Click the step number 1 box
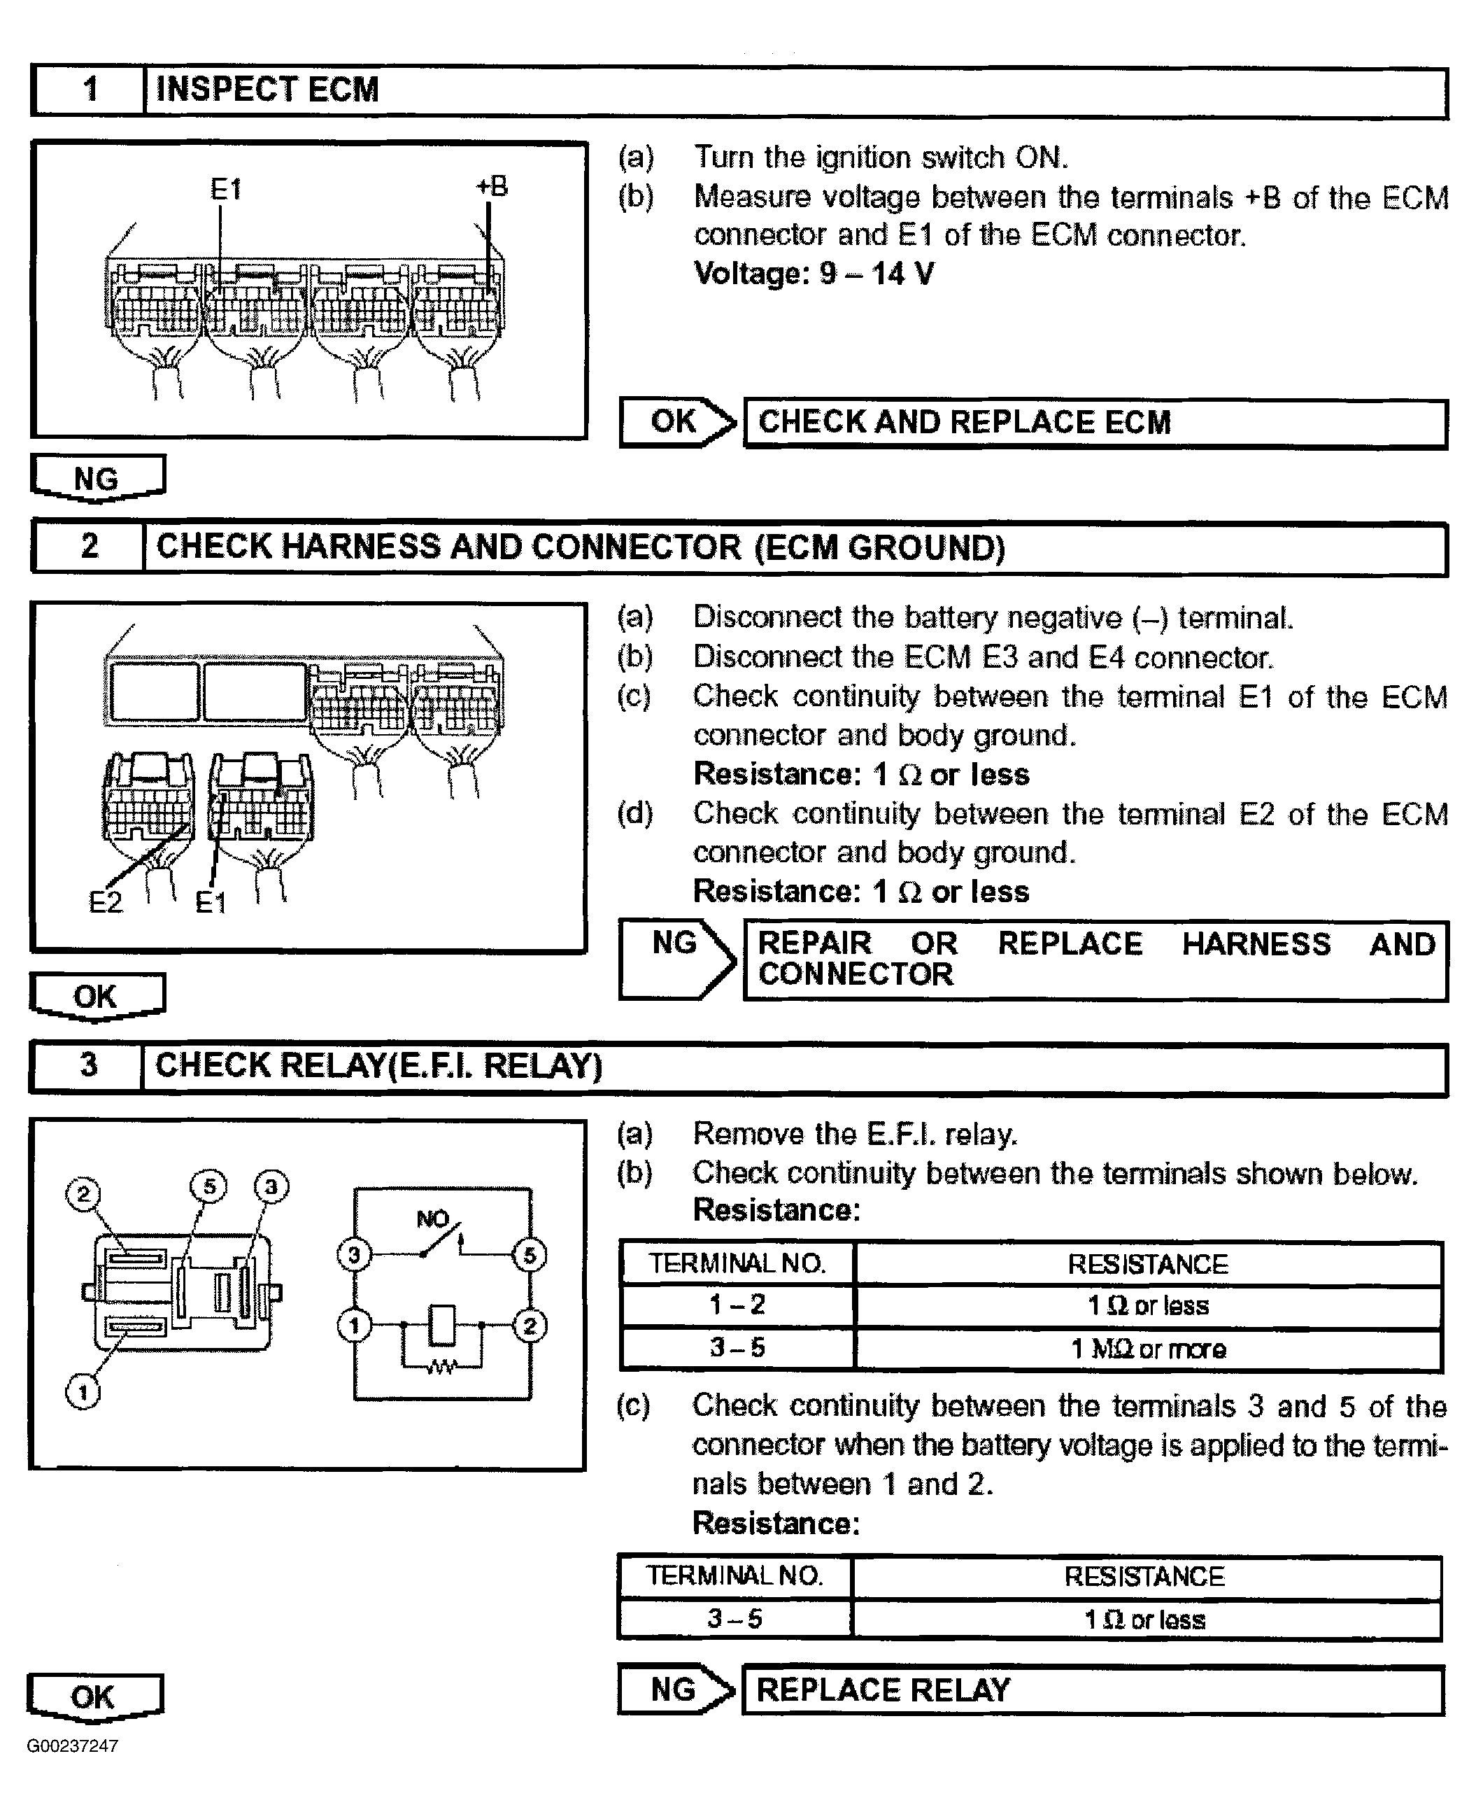(88, 90)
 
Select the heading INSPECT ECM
(267, 90)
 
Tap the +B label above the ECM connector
(492, 186)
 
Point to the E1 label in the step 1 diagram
(226, 189)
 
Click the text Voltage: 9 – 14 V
(814, 274)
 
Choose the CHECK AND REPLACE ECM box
(1094, 423)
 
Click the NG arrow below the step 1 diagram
(97, 478)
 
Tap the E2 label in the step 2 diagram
(106, 901)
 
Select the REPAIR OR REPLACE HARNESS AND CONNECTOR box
(1094, 960)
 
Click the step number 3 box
(87, 1066)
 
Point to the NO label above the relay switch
(433, 1219)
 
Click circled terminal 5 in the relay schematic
(529, 1256)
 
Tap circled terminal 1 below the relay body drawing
(83, 1393)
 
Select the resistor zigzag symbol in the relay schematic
(441, 1368)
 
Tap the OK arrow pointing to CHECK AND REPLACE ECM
(676, 422)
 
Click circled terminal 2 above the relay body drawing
(83, 1193)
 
